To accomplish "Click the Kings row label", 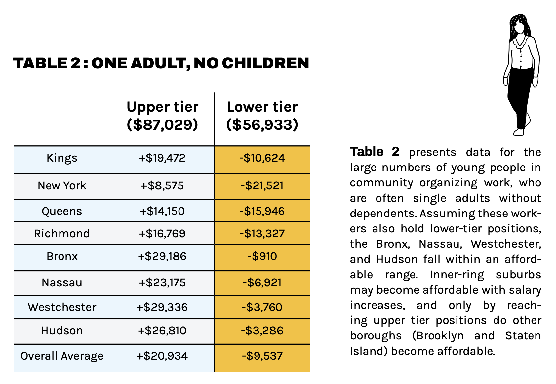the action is point(62,158).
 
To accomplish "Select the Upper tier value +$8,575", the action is point(162,186).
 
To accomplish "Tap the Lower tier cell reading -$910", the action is point(262,256).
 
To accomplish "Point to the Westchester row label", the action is point(62,307).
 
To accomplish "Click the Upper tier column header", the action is point(162,116).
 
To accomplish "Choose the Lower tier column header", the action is point(262,116).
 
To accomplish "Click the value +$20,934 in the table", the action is point(162,356).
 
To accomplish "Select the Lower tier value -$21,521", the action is point(262,186).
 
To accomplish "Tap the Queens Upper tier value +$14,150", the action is point(162,211).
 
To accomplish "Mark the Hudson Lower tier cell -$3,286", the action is point(262,331).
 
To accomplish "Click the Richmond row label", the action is point(62,234).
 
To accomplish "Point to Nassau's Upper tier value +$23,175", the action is point(162,283).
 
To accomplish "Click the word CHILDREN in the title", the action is point(265,63).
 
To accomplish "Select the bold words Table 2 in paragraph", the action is point(375,152).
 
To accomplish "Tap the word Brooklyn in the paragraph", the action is point(438,336).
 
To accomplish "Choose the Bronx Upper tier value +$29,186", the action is point(162,256).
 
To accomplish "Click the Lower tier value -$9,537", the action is point(262,356).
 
